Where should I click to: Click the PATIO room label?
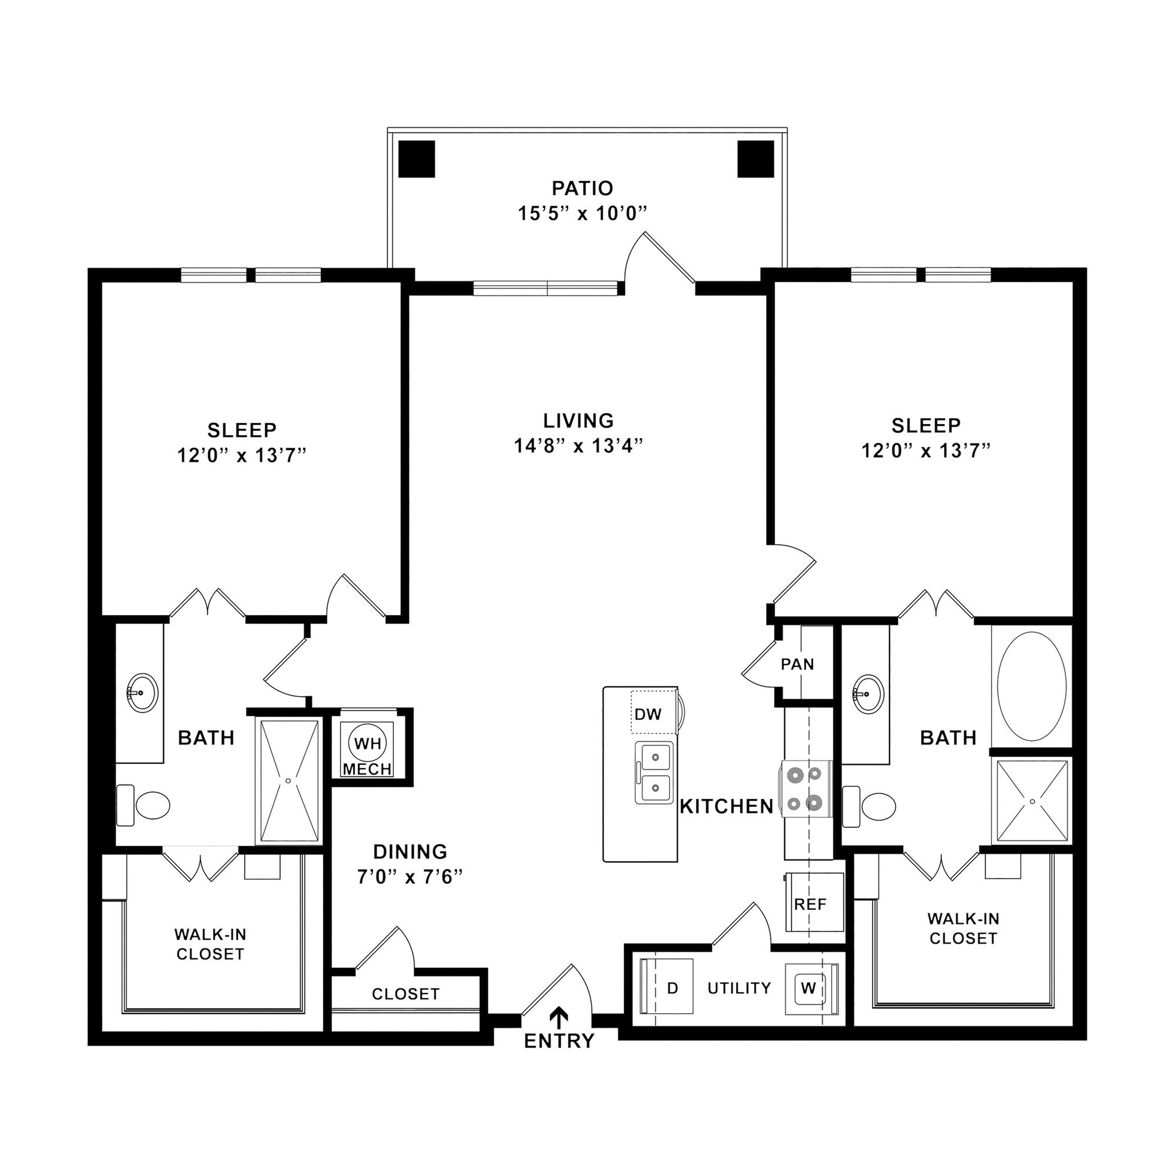tap(582, 188)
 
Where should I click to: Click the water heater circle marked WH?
tap(368, 743)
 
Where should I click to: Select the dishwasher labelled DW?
tap(654, 713)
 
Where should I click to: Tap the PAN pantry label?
tap(797, 664)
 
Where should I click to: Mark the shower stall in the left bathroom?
tap(289, 781)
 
